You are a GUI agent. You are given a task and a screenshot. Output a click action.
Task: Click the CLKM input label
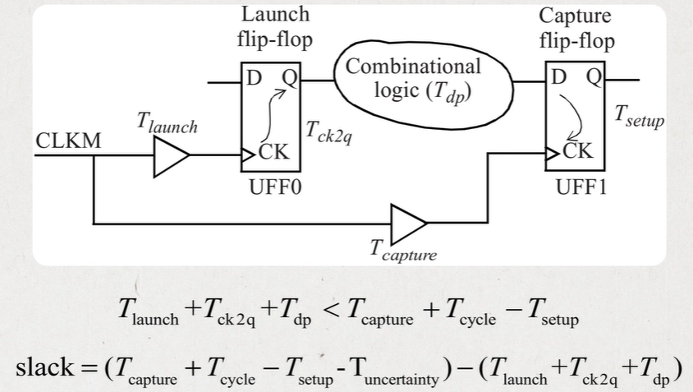pyautogui.click(x=68, y=141)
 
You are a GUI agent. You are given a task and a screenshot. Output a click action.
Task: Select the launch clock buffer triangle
pyautogui.click(x=171, y=155)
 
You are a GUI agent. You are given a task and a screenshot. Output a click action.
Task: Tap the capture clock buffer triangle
pyautogui.click(x=408, y=222)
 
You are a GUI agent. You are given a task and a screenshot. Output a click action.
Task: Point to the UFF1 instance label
pyautogui.click(x=580, y=186)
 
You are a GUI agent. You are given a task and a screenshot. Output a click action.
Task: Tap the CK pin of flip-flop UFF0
pyautogui.click(x=270, y=154)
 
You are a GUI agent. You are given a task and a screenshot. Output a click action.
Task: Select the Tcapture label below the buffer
pyautogui.click(x=402, y=251)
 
